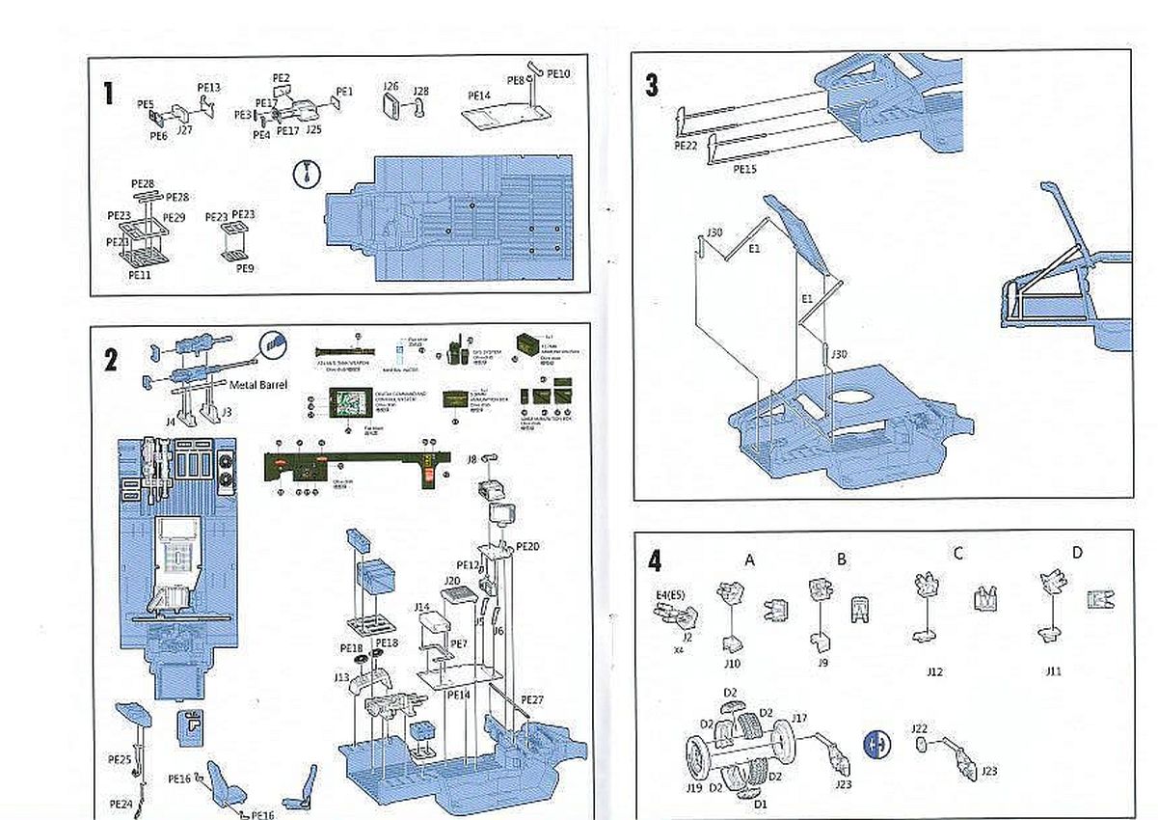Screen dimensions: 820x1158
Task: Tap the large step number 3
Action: click(x=653, y=85)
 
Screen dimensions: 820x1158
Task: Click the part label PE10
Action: click(x=558, y=73)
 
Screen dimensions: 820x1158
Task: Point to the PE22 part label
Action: click(x=686, y=145)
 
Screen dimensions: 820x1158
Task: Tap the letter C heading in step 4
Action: click(x=957, y=553)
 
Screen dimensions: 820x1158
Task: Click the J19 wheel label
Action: click(x=693, y=788)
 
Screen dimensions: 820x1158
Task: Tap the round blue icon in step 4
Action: click(x=877, y=746)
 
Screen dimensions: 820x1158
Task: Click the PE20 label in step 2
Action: click(x=527, y=545)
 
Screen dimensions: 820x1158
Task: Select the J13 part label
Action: click(x=341, y=677)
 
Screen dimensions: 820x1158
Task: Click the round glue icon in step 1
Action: click(x=305, y=175)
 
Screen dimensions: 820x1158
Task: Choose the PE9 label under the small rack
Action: click(x=246, y=269)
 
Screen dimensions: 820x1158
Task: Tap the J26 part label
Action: click(x=390, y=86)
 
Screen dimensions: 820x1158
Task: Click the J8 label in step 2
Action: click(x=472, y=459)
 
